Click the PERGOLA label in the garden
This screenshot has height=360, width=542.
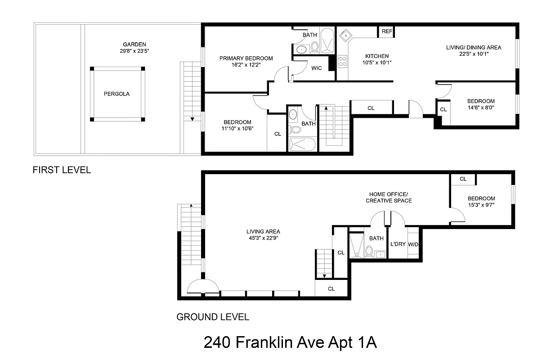click(x=116, y=94)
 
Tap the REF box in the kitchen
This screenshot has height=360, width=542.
click(x=386, y=31)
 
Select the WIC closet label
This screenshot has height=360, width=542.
click(x=316, y=68)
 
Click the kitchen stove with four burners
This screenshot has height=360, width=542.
click(x=343, y=61)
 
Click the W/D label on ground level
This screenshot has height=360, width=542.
click(x=413, y=244)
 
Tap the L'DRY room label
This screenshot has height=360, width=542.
click(x=398, y=244)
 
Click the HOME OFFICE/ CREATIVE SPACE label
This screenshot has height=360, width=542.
click(x=389, y=197)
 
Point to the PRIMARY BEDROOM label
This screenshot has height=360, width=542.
click(x=246, y=58)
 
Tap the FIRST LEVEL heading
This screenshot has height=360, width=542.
click(x=62, y=170)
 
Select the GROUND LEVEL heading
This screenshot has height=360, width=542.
click(x=212, y=317)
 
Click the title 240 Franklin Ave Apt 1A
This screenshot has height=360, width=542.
click(x=290, y=342)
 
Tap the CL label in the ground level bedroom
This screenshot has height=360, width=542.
click(x=463, y=179)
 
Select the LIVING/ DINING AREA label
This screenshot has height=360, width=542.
click(x=473, y=47)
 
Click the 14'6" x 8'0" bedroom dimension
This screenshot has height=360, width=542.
click(x=480, y=108)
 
